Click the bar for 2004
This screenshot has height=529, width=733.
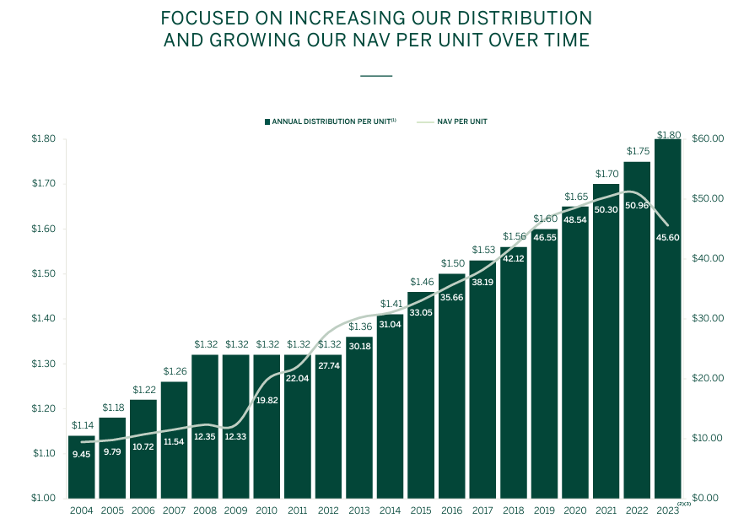[x=81, y=467]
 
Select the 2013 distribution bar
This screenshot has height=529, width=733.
[x=359, y=418]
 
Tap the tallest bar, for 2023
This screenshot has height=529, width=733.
[x=667, y=319]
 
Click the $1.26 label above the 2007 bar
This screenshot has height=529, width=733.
[x=175, y=371]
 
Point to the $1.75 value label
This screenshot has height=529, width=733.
[x=638, y=151]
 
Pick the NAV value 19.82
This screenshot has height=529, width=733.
[x=267, y=401]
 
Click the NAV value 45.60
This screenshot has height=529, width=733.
[x=667, y=238]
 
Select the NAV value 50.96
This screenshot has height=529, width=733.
[x=637, y=205]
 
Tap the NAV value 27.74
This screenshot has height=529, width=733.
[x=329, y=366]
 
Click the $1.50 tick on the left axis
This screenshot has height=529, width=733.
[x=44, y=273]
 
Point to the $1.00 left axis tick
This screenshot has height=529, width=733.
[x=44, y=498]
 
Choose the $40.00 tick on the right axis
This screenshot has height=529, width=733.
[x=708, y=259]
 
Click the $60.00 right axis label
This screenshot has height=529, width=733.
[x=708, y=139]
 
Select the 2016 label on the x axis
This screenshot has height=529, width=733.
[x=451, y=510]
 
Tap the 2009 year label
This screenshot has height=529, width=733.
[x=235, y=510]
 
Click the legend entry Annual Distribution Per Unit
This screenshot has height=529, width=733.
[x=331, y=121]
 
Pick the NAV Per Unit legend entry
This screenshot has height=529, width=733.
[x=452, y=121]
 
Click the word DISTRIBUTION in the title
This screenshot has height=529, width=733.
[x=525, y=19]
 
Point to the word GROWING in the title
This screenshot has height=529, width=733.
[x=255, y=40]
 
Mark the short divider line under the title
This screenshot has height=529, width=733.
[x=376, y=76]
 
